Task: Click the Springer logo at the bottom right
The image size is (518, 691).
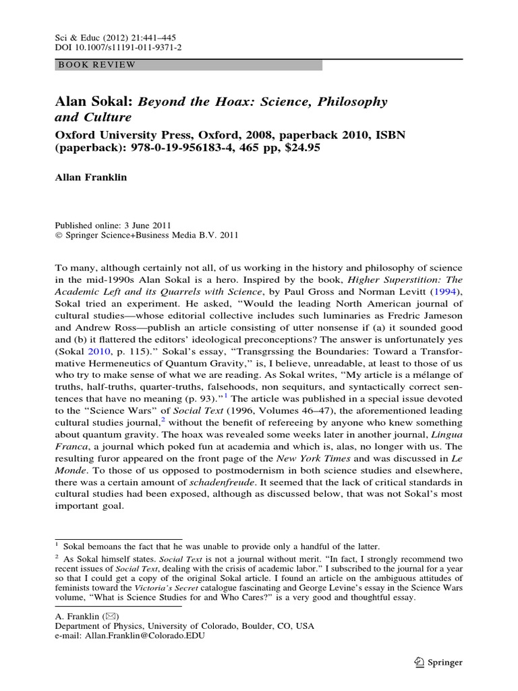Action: (x=438, y=662)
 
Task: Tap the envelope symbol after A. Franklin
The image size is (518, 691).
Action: (x=112, y=616)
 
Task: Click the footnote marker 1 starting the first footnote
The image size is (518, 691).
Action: (x=57, y=544)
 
